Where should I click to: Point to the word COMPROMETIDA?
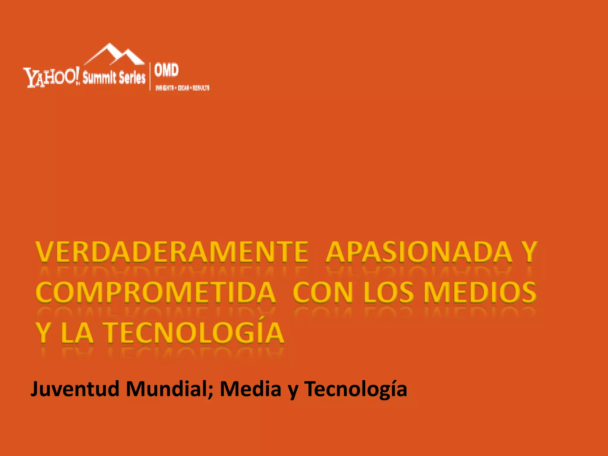coord(156,293)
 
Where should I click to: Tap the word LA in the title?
coord(77,333)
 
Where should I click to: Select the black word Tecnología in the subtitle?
coord(355,389)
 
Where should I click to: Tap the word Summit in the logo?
coord(99,78)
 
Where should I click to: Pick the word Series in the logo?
coord(132,78)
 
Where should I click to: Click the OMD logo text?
coord(167,70)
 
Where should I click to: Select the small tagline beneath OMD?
coord(182,88)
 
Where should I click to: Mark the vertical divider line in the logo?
coord(150,76)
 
